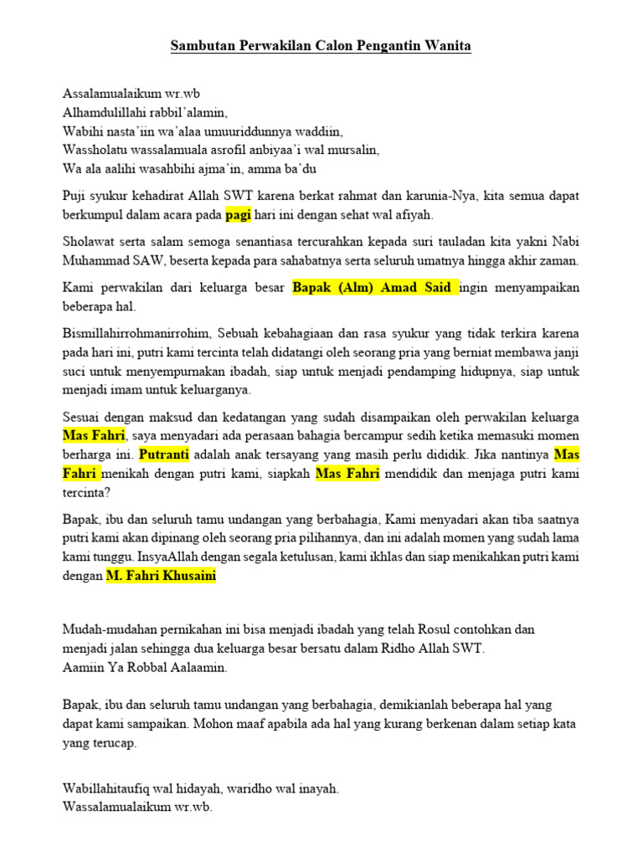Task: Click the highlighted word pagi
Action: coord(239,214)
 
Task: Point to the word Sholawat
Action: coord(88,241)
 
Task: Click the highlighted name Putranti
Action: coord(164,454)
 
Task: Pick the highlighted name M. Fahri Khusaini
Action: coord(161,576)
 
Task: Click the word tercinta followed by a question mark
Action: coord(86,493)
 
